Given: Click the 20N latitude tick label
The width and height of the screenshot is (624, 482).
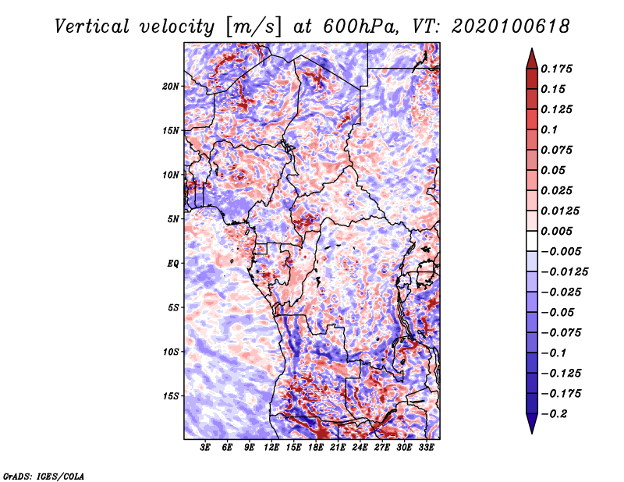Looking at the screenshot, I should pos(171,86).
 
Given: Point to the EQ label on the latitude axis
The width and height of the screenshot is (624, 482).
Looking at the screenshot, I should pos(173,264).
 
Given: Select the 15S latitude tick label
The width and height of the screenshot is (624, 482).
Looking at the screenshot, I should pos(171,396).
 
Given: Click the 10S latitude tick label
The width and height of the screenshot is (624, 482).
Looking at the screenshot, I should pos(171,352).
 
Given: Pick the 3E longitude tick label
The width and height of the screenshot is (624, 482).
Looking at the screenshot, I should pos(206,448).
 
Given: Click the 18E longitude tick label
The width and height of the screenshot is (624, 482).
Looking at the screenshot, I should pos(316,448).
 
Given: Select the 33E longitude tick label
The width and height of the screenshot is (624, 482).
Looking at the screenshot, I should pos(427,448).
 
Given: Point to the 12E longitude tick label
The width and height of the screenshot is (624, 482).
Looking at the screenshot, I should pos(271,448).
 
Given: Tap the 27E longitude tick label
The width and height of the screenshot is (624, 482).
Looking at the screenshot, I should pos(382,448).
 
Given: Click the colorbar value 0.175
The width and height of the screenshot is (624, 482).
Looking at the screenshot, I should pos(558,69).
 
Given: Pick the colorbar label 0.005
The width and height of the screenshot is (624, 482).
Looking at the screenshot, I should pos(558,231).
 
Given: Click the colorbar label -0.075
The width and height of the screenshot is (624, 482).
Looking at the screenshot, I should pos(561,332).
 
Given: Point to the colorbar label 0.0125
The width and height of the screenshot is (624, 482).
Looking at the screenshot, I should pos(561,211).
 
